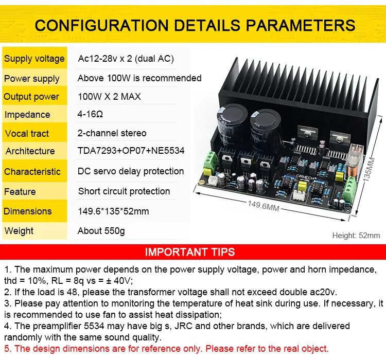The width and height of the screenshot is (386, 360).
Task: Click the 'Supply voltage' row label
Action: pyautogui.click(x=34, y=59)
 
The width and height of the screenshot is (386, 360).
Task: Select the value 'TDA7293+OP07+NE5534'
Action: pyautogui.click(x=131, y=151)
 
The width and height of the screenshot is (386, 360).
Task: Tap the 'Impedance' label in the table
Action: pyautogui.click(x=27, y=115)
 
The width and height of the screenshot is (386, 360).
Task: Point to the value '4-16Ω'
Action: pyautogui.click(x=90, y=114)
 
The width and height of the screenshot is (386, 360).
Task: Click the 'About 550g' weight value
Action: pyautogui.click(x=101, y=231)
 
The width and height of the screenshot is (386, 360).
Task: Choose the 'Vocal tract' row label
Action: pyautogui.click(x=27, y=133)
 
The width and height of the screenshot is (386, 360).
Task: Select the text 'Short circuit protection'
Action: pyautogui.click(x=124, y=191)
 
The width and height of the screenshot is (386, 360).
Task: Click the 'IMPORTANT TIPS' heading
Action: pyautogui.click(x=190, y=252)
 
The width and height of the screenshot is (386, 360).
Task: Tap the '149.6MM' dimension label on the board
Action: pyautogui.click(x=263, y=206)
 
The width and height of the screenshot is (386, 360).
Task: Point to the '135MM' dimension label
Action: pyautogui.click(x=369, y=170)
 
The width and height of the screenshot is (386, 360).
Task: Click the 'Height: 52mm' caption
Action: pyautogui.click(x=356, y=236)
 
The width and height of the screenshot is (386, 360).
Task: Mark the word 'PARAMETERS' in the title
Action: pyautogui.click(x=301, y=25)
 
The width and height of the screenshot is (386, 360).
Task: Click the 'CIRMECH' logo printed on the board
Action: pyautogui.click(x=305, y=177)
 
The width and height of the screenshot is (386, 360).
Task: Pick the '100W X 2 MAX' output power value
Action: pyautogui.click(x=109, y=97)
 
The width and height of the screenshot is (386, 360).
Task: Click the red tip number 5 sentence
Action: pyautogui.click(x=166, y=349)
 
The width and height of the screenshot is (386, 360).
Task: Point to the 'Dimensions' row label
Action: pyautogui.click(x=28, y=211)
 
